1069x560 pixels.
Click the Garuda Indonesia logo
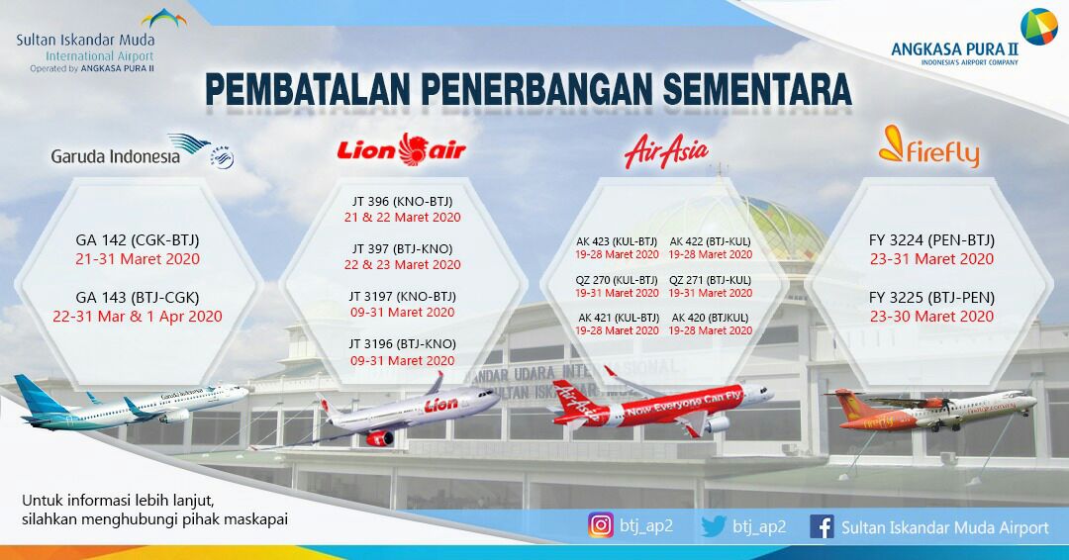coord(139,153)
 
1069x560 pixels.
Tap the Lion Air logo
coord(401,149)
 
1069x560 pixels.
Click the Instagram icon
coord(601,526)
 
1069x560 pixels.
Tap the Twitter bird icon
coord(713,526)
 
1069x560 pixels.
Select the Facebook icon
coord(821,527)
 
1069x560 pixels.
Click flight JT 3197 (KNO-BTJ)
coord(402,295)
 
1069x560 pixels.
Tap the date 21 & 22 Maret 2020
coord(402,217)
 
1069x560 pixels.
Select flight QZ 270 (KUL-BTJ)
coord(617,280)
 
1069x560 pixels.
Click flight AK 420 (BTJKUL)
coord(710,318)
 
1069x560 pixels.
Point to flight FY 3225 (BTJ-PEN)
coord(931,297)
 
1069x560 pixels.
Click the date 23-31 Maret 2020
coord(931,259)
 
